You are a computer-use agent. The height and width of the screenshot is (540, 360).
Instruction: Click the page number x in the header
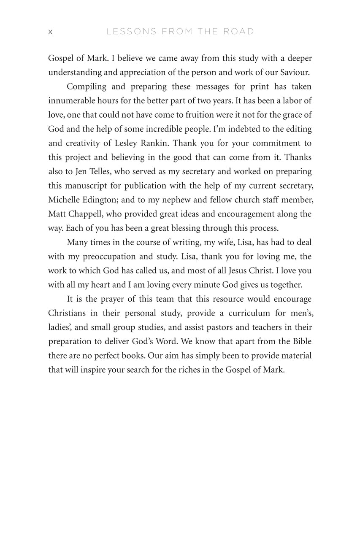point(50,32)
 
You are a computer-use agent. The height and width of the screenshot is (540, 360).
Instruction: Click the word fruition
point(200,115)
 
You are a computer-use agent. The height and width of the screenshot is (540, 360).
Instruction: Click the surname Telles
point(99,171)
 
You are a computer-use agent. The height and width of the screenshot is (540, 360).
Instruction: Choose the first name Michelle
point(65,200)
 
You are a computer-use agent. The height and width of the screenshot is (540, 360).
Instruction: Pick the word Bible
point(300,341)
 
